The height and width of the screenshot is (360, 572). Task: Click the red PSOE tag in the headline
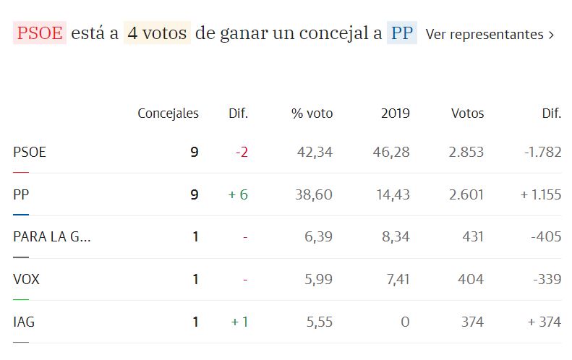40,33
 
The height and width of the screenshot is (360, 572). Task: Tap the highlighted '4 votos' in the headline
157,33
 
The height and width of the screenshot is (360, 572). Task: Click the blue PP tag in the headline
401,33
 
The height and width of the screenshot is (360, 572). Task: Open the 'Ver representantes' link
490,34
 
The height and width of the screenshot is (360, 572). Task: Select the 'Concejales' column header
168,113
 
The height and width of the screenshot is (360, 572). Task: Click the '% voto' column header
312,113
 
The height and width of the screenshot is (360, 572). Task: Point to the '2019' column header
395,113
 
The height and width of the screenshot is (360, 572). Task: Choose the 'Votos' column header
467,113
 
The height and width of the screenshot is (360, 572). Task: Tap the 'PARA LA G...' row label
52,237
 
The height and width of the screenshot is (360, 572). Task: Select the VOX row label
26,279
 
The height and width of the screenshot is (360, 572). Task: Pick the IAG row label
24,322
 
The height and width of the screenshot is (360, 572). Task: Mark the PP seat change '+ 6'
238,194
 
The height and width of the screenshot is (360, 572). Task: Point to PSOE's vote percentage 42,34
315,153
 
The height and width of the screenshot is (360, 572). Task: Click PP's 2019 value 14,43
391,194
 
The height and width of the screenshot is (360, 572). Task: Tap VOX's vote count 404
472,279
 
